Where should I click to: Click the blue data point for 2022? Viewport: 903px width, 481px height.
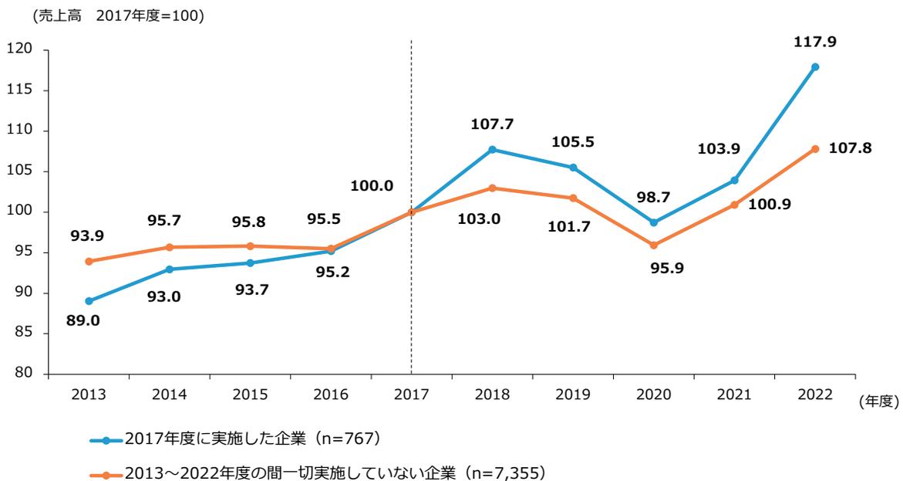(815, 67)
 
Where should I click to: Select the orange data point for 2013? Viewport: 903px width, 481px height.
(89, 262)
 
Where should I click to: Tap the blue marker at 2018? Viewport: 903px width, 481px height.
(492, 150)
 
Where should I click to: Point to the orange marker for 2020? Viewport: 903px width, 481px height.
(654, 246)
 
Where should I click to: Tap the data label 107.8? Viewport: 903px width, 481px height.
(851, 147)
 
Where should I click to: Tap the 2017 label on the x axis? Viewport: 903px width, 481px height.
(411, 394)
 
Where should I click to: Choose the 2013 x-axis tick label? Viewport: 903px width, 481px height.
(89, 394)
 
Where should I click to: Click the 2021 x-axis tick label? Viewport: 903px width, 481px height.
(734, 394)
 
